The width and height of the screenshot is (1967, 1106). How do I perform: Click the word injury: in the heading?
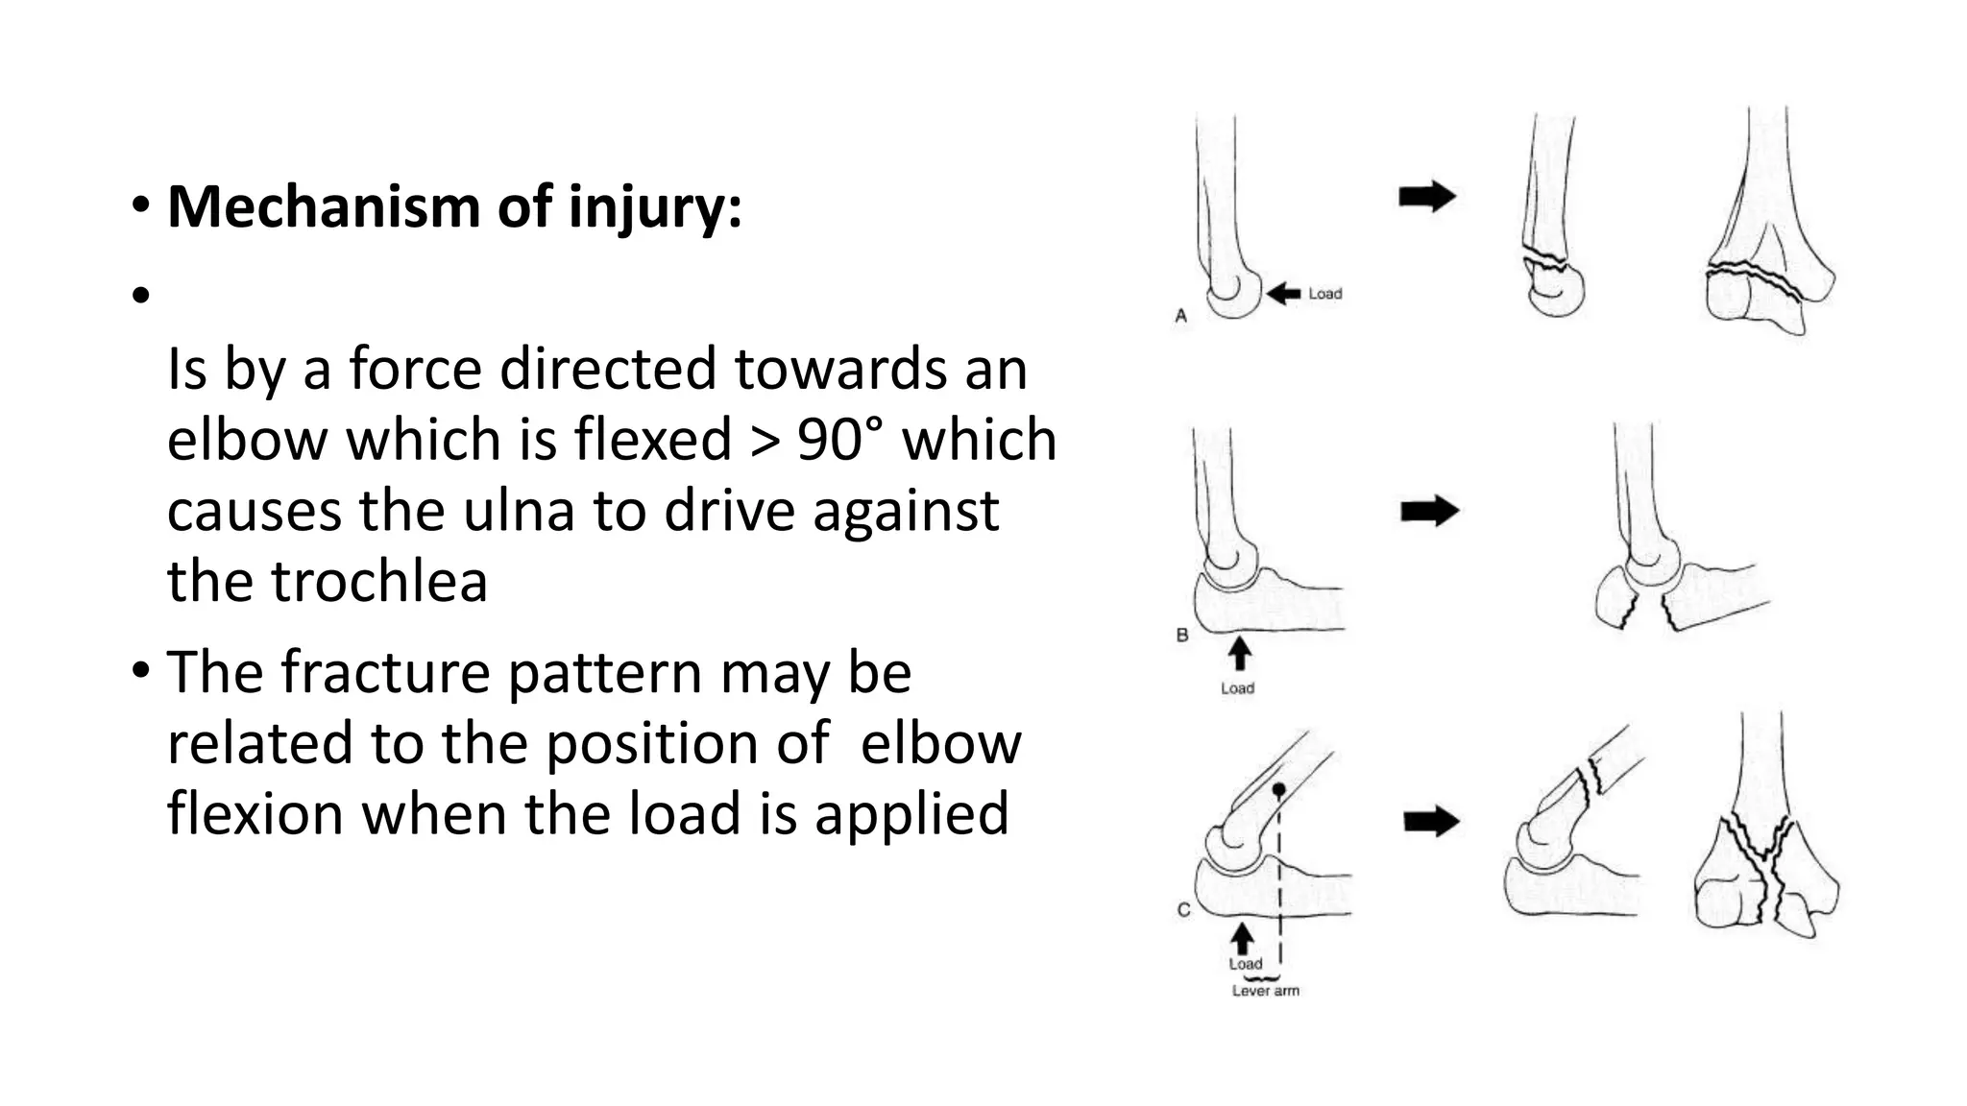coord(655,206)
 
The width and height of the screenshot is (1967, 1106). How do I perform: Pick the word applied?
coord(911,813)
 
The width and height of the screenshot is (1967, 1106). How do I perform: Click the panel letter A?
coord(1181,316)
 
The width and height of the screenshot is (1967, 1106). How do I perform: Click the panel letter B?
coord(1182,635)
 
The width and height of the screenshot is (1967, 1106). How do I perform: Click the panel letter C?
coord(1183,909)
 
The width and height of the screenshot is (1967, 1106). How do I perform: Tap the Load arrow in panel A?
coord(1283,294)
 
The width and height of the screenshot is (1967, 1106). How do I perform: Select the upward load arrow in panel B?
coord(1240,655)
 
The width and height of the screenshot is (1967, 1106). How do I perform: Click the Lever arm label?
coord(1265,991)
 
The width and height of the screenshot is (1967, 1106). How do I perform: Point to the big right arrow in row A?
coord(1427,197)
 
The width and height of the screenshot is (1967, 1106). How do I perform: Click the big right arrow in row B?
coord(1429,511)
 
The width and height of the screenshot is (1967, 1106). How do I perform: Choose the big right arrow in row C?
coord(1431,822)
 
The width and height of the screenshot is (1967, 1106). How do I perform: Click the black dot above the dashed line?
coord(1278,790)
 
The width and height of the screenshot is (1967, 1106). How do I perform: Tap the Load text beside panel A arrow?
coord(1324,294)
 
